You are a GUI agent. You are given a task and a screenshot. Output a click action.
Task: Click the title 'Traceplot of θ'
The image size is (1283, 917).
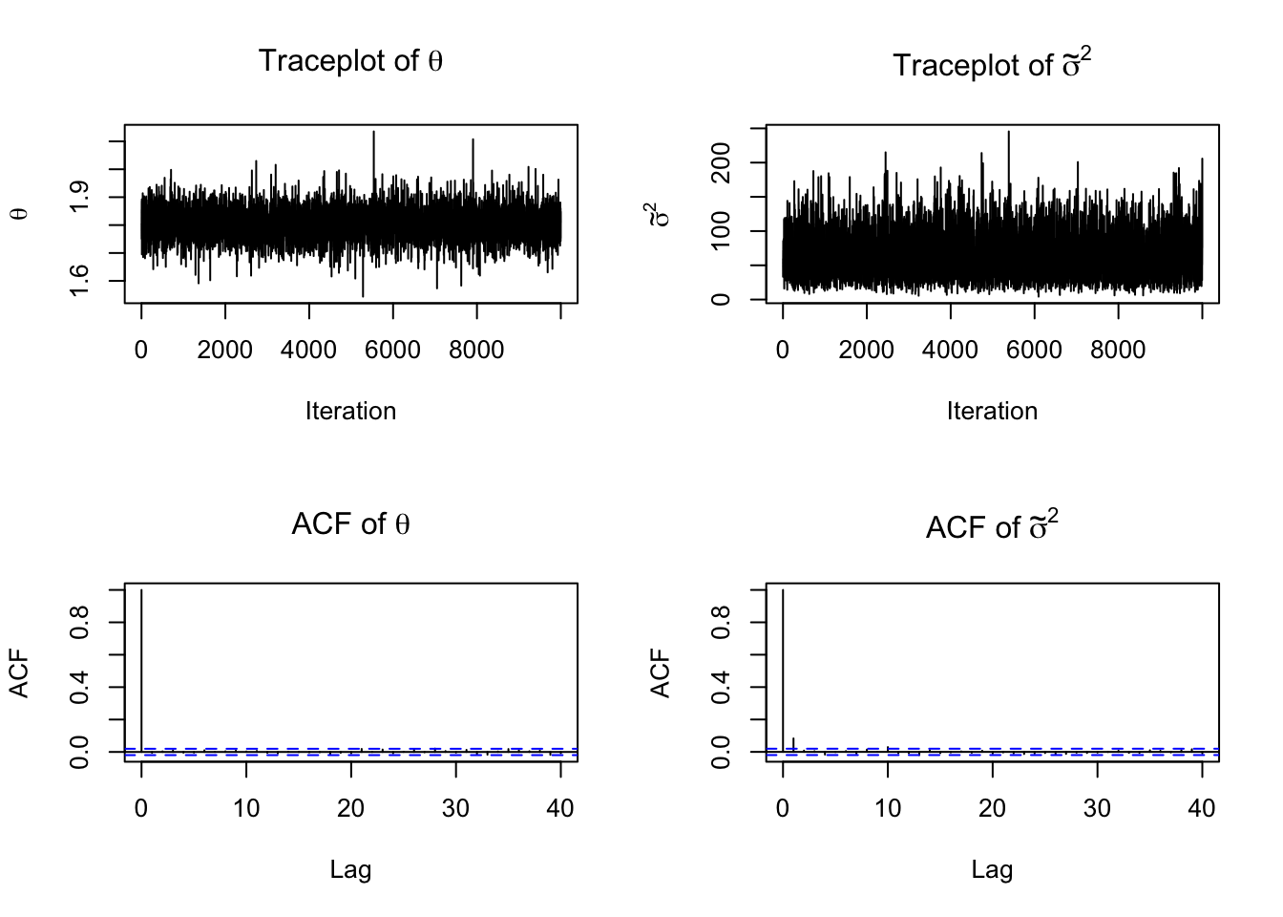click(x=350, y=61)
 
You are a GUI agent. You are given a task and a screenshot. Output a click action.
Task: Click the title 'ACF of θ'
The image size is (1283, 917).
click(x=350, y=523)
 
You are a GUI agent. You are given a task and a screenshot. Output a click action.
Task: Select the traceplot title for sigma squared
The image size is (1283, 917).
click(x=992, y=64)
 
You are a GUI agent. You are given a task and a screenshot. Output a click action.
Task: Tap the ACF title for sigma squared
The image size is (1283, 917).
click(x=992, y=526)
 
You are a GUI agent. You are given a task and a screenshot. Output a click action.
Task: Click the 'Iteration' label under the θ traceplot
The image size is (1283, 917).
click(x=350, y=411)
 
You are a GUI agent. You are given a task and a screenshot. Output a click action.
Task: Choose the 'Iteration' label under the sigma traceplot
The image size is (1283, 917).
click(x=992, y=411)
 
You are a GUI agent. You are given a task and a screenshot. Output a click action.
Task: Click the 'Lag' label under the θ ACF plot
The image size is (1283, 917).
click(x=350, y=869)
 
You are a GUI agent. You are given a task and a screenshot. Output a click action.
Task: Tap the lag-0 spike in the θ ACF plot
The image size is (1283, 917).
click(x=141, y=669)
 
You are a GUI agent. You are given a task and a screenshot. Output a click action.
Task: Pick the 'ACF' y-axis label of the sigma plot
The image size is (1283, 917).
click(x=662, y=673)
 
